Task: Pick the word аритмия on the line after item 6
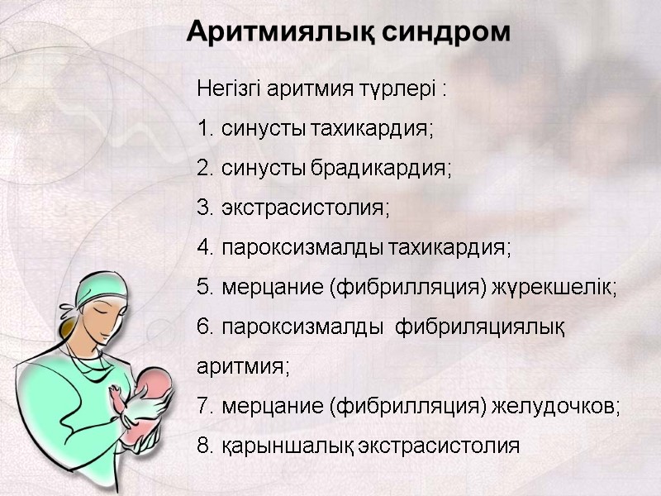[x=243, y=366]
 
